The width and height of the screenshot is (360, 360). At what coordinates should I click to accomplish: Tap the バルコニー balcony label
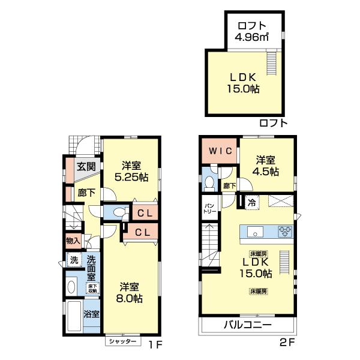[248, 325]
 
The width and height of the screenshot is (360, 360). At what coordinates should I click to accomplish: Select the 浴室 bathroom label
[91, 314]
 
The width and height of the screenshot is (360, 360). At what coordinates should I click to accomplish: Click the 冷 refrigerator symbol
[252, 202]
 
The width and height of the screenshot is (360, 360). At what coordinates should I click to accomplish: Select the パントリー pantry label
[208, 207]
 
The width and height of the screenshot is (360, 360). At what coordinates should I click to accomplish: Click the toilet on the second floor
[209, 181]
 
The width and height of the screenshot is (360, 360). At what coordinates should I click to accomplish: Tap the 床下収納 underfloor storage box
[92, 287]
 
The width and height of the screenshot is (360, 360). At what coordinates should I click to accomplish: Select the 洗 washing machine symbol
[74, 260]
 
